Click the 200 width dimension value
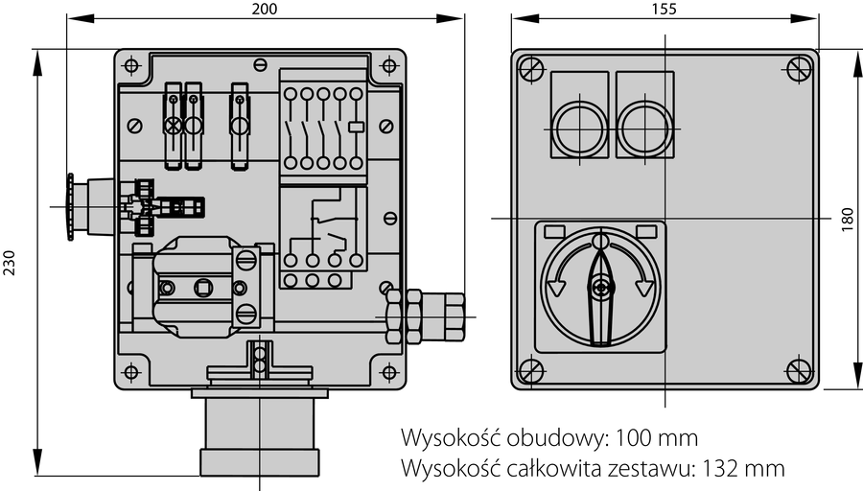265,9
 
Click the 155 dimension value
664,9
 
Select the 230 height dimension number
9,263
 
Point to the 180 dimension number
848,219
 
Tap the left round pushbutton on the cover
578,129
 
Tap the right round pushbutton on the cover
645,129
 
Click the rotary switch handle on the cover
600,297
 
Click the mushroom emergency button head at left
70,207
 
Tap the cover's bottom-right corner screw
799,371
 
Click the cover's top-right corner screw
799,68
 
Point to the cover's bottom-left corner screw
531,371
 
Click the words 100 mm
656,438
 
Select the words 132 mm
743,468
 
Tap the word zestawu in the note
649,468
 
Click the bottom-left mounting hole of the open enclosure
131,372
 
